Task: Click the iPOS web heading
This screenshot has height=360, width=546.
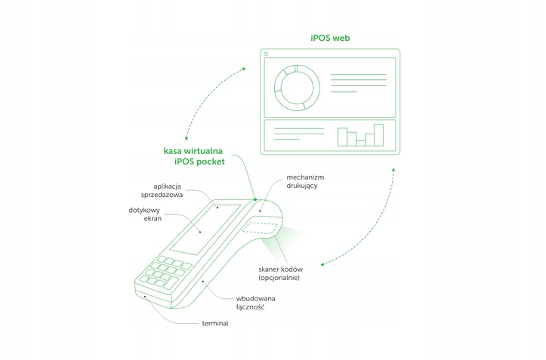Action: point(329,36)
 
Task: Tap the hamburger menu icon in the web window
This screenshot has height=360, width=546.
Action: point(266,53)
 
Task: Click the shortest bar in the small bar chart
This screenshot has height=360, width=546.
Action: point(361,141)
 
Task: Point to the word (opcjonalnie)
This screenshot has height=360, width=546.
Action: point(279,278)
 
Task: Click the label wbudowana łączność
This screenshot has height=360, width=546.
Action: point(255,303)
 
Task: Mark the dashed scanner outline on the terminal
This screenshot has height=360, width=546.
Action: point(261,228)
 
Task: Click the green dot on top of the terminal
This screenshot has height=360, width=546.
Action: point(256,200)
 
